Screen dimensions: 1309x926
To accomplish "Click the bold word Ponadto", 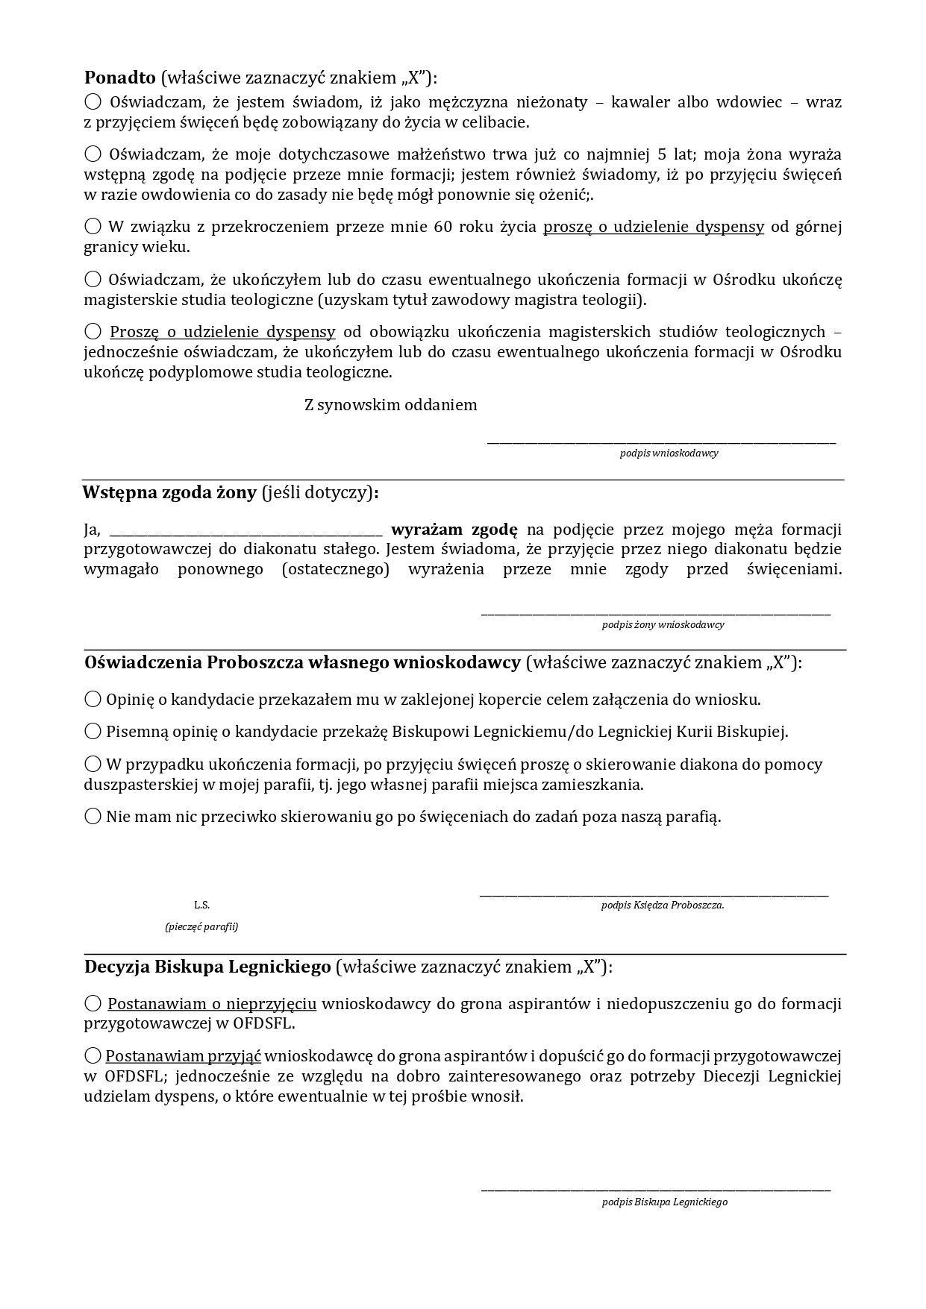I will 119,78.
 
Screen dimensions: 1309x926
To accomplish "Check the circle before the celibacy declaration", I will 93,101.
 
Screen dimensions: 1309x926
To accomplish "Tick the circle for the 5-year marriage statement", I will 93,154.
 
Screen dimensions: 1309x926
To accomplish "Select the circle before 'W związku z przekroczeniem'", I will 93,226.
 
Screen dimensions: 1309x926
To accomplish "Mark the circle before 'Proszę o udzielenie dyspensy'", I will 93,330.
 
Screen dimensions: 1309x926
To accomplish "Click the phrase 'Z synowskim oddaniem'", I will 390,405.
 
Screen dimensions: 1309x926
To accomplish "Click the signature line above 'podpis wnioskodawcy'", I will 661,443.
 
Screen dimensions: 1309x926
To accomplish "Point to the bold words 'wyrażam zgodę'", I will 454,530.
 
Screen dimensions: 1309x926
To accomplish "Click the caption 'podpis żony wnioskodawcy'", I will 663,625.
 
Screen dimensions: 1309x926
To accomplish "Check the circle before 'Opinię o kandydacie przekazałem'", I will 93,699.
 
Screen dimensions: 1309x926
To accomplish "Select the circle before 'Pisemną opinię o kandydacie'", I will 93,731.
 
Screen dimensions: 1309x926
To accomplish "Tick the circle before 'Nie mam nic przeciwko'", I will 93,816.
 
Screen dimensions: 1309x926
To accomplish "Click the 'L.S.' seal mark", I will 201,905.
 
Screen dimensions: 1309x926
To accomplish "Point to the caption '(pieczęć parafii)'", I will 201,927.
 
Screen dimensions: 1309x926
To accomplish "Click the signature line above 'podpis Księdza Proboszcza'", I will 654,893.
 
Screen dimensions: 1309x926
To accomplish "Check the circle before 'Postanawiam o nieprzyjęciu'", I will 93,1003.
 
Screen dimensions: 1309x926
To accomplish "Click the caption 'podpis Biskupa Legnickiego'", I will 665,1202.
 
